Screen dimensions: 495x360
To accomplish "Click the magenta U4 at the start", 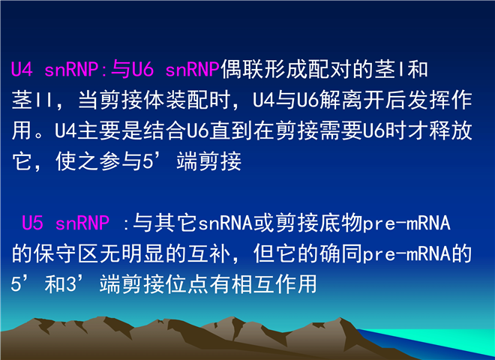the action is click(22, 69).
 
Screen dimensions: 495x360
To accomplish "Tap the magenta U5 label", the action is click(32, 223).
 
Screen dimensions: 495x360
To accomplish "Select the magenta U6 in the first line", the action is click(142, 69).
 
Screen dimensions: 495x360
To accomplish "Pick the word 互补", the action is click(208, 253).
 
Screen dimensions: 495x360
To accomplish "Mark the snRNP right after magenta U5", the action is click(82, 223).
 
